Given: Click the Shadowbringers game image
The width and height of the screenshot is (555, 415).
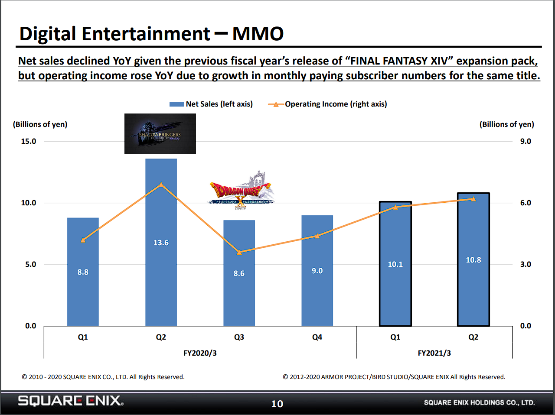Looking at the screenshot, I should (x=160, y=133).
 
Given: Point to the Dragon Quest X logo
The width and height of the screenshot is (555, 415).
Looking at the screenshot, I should (x=241, y=191).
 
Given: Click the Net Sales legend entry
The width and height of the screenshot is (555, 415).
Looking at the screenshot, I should (x=211, y=104).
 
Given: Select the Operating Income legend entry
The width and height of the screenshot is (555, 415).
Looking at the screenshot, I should (x=328, y=104).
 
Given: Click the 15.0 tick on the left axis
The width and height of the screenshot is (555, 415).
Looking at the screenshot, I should (x=29, y=141).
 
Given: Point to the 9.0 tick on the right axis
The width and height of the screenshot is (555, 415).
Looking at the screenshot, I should (x=526, y=141).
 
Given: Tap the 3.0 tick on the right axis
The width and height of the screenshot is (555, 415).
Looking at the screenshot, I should (x=526, y=264).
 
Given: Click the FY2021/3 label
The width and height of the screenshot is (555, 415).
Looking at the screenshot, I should (x=434, y=353).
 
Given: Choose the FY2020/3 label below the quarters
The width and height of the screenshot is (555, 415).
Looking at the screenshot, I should (x=200, y=353).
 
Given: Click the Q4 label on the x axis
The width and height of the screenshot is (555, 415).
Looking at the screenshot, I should (x=317, y=337).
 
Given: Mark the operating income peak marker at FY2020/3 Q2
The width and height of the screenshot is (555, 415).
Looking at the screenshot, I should (x=161, y=185).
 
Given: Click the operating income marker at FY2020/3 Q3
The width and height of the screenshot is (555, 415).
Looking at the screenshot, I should (x=239, y=252).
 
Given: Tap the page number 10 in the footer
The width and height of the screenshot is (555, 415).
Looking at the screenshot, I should (x=277, y=404).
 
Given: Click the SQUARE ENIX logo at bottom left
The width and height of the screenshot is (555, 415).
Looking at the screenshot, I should (x=70, y=401).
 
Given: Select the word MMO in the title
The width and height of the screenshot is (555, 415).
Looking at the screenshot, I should (x=258, y=34).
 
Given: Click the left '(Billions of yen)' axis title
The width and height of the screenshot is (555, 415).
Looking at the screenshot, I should (x=40, y=124).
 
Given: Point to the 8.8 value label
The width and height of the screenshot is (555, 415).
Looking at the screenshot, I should (x=83, y=272).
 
